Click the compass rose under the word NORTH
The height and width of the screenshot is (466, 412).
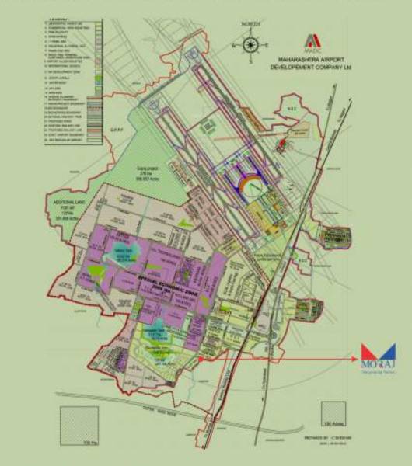click(250, 44)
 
